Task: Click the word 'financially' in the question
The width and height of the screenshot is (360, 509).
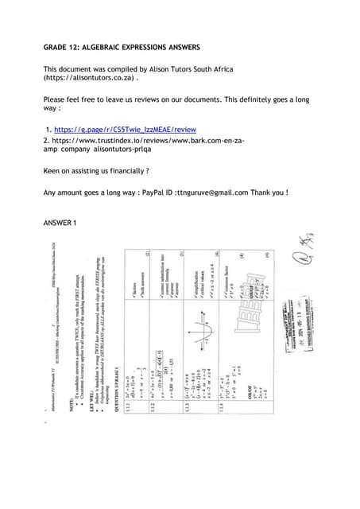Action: [x=123, y=171]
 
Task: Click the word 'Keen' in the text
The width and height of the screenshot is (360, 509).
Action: [x=52, y=171]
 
